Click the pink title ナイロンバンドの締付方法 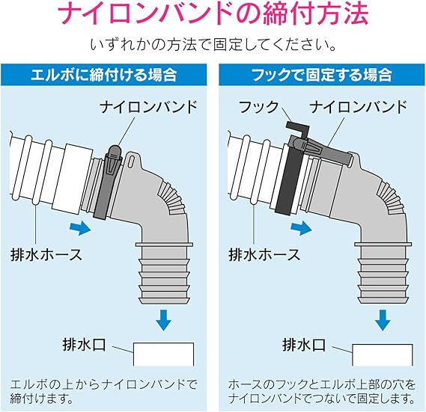(x=213, y=13)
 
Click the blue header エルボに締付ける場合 (x=104, y=75)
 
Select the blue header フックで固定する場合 (x=322, y=75)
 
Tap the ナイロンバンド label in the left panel (x=148, y=107)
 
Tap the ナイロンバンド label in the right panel (x=359, y=107)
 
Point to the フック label (x=258, y=107)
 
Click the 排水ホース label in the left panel (x=46, y=254)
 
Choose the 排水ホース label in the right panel (x=264, y=254)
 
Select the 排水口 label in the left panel (x=84, y=345)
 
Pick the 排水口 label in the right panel (x=304, y=345)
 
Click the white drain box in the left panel (x=163, y=354)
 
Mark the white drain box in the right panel (x=383, y=354)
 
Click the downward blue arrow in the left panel (x=163, y=320)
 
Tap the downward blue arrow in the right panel (x=383, y=320)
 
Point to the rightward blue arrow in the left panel (x=80, y=228)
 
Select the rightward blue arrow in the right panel (x=301, y=228)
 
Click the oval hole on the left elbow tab (x=132, y=161)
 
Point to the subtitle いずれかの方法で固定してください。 (x=213, y=45)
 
